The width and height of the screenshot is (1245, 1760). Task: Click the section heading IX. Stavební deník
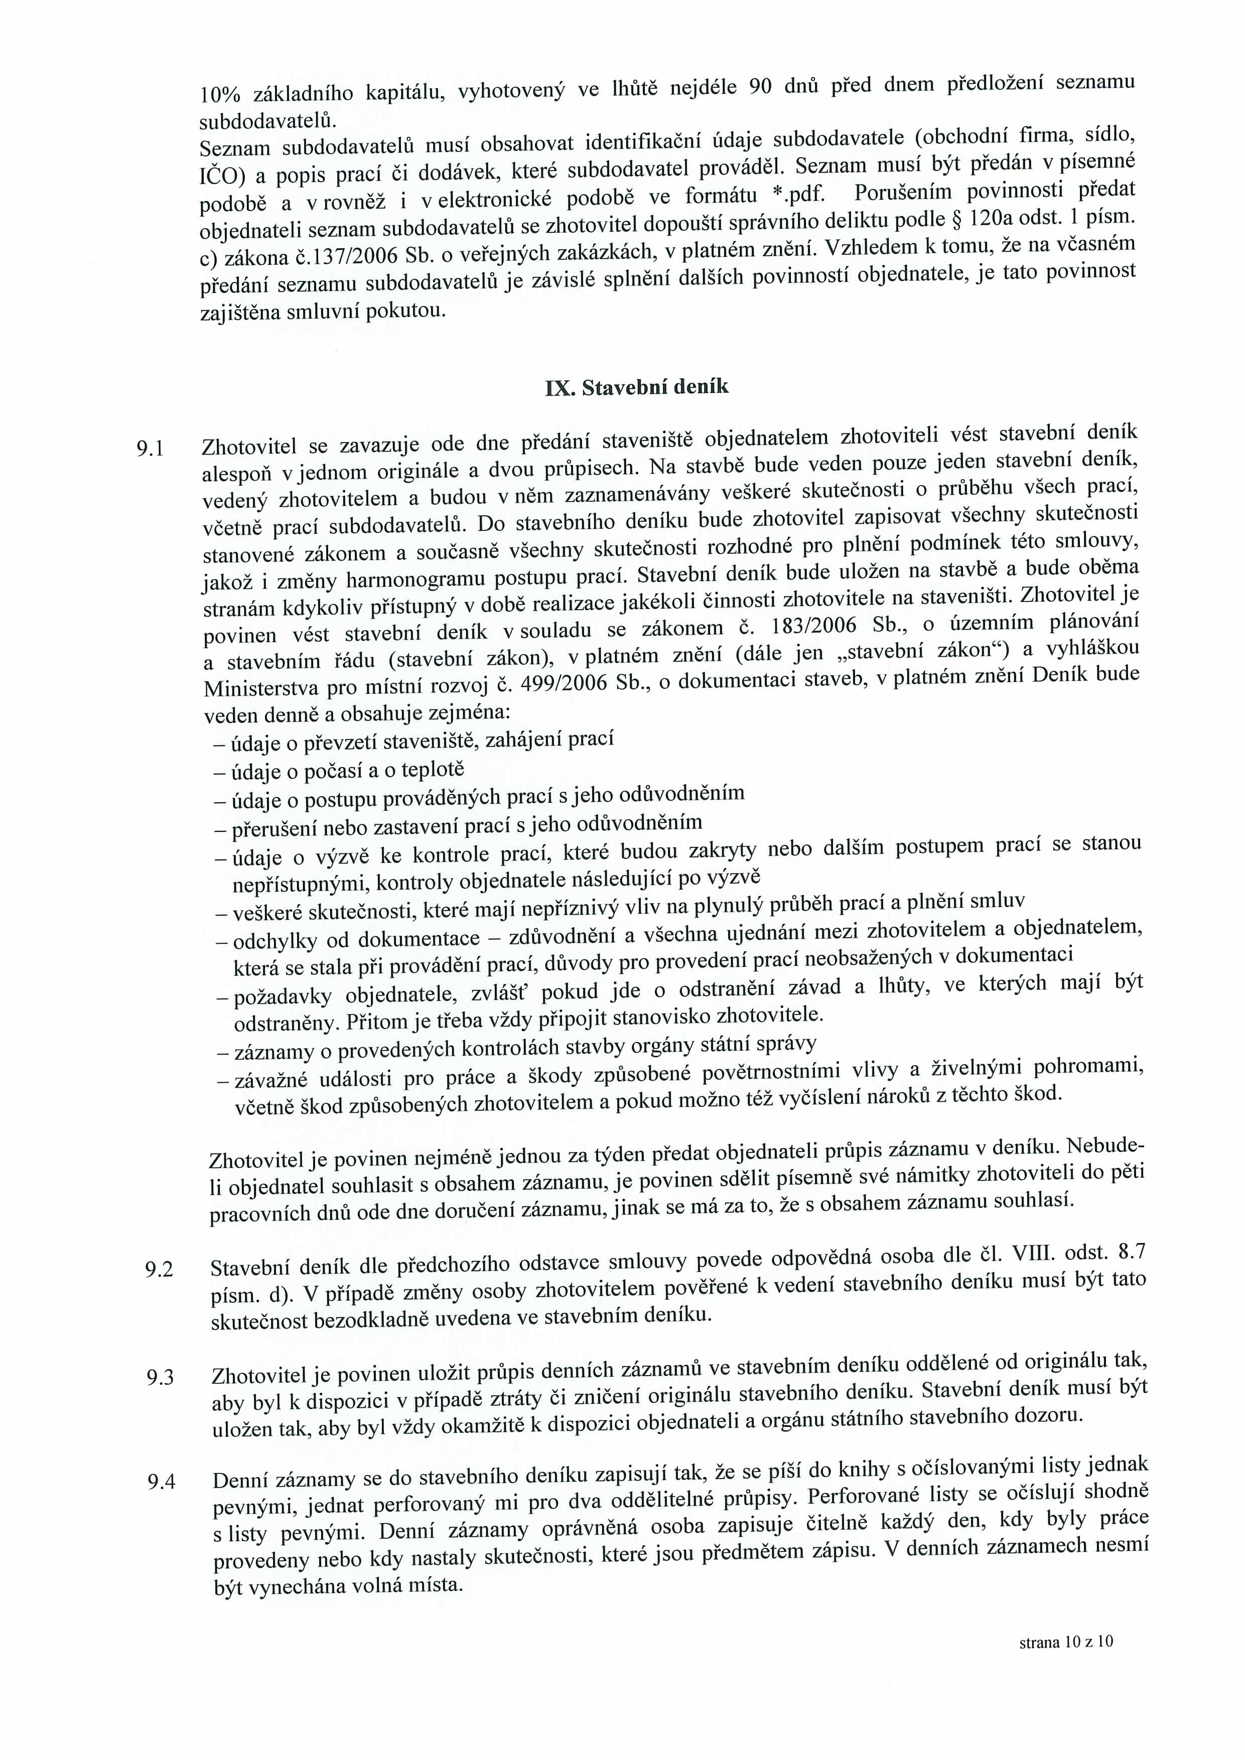636,387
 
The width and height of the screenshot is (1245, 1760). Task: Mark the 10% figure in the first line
220,94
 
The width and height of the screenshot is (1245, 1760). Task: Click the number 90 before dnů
760,87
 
